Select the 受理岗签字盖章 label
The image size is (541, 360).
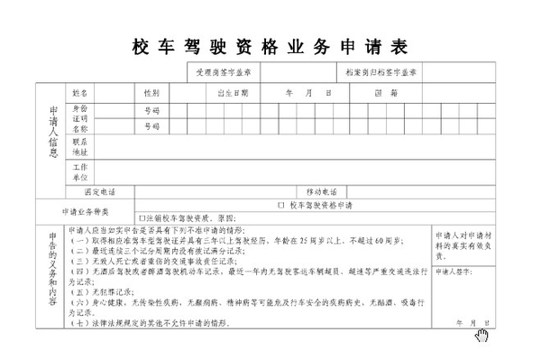223,70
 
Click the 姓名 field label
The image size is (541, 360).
79,92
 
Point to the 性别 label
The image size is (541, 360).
151,92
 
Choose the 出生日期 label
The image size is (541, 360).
233,92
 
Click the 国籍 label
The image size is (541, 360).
406,92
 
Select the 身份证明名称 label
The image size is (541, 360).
79,118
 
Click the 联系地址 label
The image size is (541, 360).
79,147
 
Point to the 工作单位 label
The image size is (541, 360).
79,172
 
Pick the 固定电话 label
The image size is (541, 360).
99,191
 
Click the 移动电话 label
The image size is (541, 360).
320,191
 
